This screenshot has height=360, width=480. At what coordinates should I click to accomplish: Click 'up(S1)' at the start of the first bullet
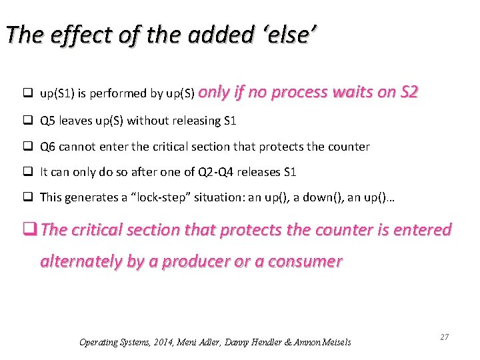pos(57,94)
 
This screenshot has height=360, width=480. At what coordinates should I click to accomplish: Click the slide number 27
pos(444,337)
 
